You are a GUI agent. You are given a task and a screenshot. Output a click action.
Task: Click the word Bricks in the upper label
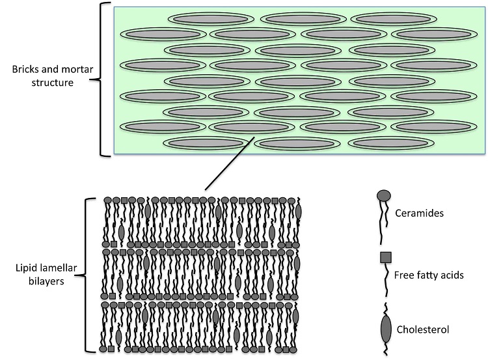tap(25, 69)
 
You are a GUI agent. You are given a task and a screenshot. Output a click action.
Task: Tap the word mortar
tap(78, 69)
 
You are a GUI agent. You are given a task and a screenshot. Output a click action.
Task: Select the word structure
tap(52, 83)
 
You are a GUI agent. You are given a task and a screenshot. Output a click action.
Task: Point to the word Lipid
tap(24, 268)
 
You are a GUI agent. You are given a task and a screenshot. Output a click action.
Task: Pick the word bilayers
tap(46, 281)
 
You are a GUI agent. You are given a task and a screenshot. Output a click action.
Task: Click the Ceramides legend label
tap(419, 214)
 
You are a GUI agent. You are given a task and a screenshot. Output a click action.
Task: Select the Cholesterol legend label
tap(423, 329)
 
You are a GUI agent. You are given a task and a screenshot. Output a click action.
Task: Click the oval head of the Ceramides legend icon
tap(384, 195)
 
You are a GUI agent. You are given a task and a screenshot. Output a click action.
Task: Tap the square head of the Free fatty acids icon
tap(386, 258)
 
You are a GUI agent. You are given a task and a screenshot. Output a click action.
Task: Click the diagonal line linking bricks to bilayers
tap(230, 163)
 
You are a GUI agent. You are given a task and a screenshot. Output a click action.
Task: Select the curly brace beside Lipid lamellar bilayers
tap(86, 275)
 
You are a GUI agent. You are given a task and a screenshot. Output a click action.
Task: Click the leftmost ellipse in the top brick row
tap(211, 20)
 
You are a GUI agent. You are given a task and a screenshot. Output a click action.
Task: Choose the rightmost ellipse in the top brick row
tap(394, 20)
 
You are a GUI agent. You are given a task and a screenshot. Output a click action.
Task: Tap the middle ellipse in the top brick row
tap(303, 20)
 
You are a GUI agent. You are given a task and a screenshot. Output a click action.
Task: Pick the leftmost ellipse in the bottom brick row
tap(206, 143)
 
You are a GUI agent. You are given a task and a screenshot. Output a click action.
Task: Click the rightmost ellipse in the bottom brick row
tap(391, 143)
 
